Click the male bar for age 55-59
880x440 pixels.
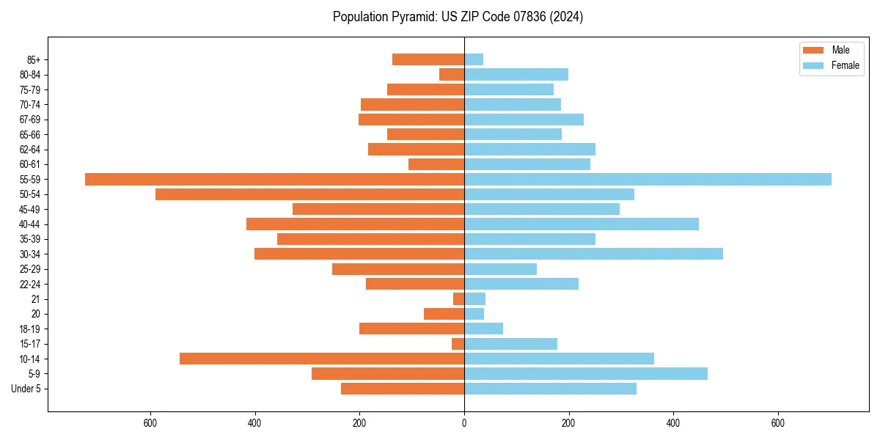[274, 179]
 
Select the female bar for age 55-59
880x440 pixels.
[648, 179]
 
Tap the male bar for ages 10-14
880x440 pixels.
[322, 359]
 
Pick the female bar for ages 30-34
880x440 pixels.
[593, 254]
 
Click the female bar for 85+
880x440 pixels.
[474, 59]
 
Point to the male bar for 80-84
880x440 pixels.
[452, 74]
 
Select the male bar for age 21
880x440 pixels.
[458, 298]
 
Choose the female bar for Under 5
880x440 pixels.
[550, 389]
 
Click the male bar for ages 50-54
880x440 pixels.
[309, 194]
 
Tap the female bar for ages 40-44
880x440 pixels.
[582, 224]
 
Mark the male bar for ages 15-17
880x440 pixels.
[458, 344]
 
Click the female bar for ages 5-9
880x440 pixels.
[586, 373]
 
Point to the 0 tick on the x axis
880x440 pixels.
[464, 423]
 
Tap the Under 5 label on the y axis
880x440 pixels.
[26, 389]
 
